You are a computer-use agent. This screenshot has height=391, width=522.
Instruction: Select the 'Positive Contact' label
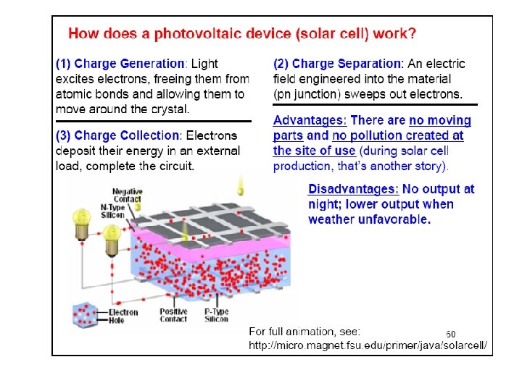click(173, 315)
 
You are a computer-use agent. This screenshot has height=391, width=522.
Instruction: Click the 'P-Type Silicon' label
click(216, 315)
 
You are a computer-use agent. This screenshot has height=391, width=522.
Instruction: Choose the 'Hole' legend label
click(117, 320)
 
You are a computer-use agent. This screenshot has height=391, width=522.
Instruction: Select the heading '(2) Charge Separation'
click(338, 64)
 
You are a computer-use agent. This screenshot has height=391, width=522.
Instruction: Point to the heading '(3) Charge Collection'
click(118, 135)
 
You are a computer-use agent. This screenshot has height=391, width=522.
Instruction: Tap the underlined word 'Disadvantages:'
click(354, 189)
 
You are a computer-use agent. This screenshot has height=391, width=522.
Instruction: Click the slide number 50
click(450, 334)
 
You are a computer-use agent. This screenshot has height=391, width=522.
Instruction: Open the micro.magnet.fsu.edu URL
click(368, 346)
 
